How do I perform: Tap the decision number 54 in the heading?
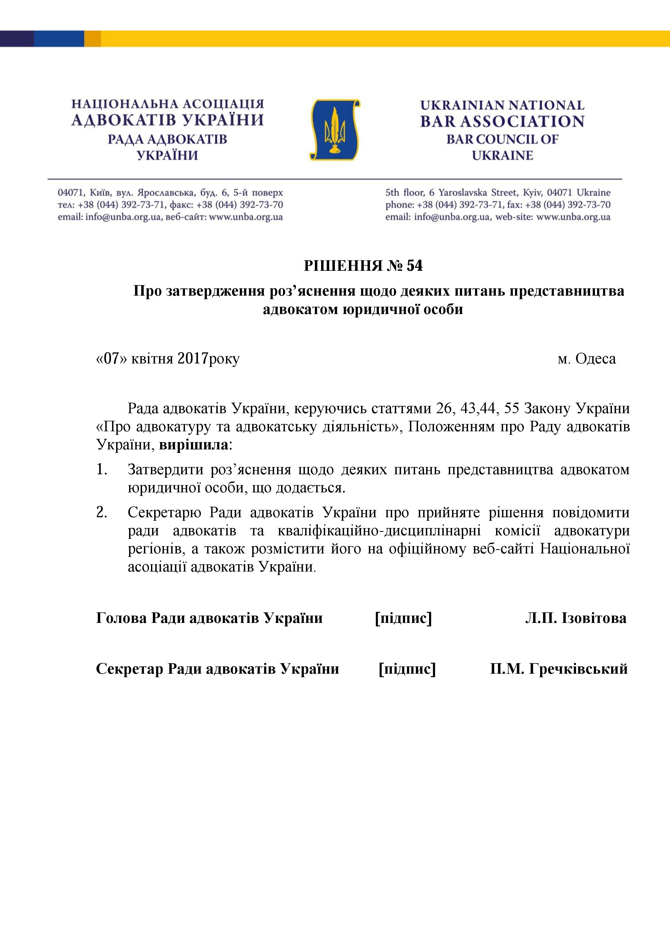[414, 266]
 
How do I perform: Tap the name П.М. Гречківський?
[559, 669]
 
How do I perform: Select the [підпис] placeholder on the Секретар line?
[407, 669]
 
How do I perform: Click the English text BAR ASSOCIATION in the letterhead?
[502, 121]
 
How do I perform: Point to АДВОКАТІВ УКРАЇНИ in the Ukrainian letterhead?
[167, 121]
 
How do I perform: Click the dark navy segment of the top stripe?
[16, 38]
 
